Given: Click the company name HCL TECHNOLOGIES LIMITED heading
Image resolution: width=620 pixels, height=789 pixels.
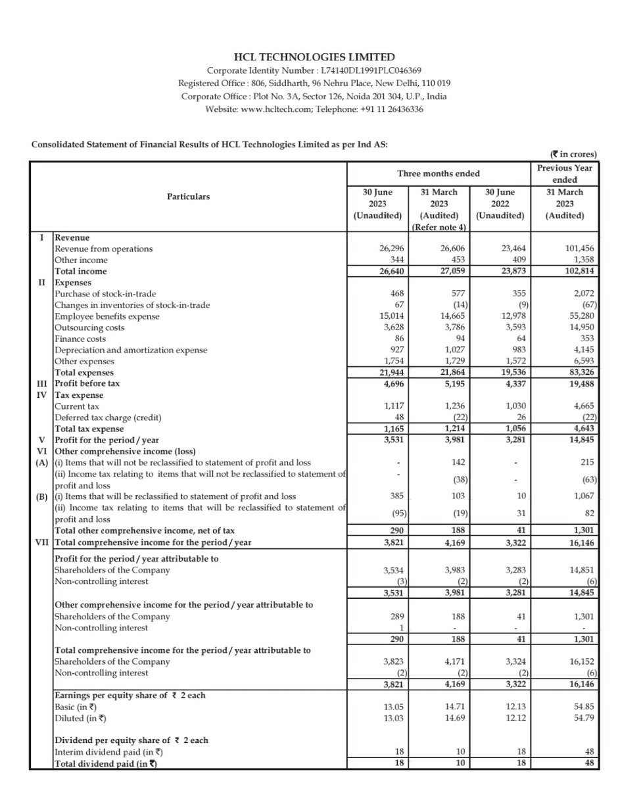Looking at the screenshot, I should pos(310,57).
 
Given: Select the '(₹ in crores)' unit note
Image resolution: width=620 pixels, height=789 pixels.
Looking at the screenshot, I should pos(573,154).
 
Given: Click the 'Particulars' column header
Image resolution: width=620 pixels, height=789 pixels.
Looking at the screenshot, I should pos(189,196).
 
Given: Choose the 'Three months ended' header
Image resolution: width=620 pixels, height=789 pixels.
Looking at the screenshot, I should pos(438,174).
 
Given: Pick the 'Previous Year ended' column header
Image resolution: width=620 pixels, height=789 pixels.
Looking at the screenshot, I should pos(565,174).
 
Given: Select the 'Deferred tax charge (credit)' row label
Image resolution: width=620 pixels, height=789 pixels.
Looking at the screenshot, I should pos(108,417).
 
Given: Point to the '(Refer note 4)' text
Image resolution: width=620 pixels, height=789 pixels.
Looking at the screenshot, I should pos(439,227).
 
